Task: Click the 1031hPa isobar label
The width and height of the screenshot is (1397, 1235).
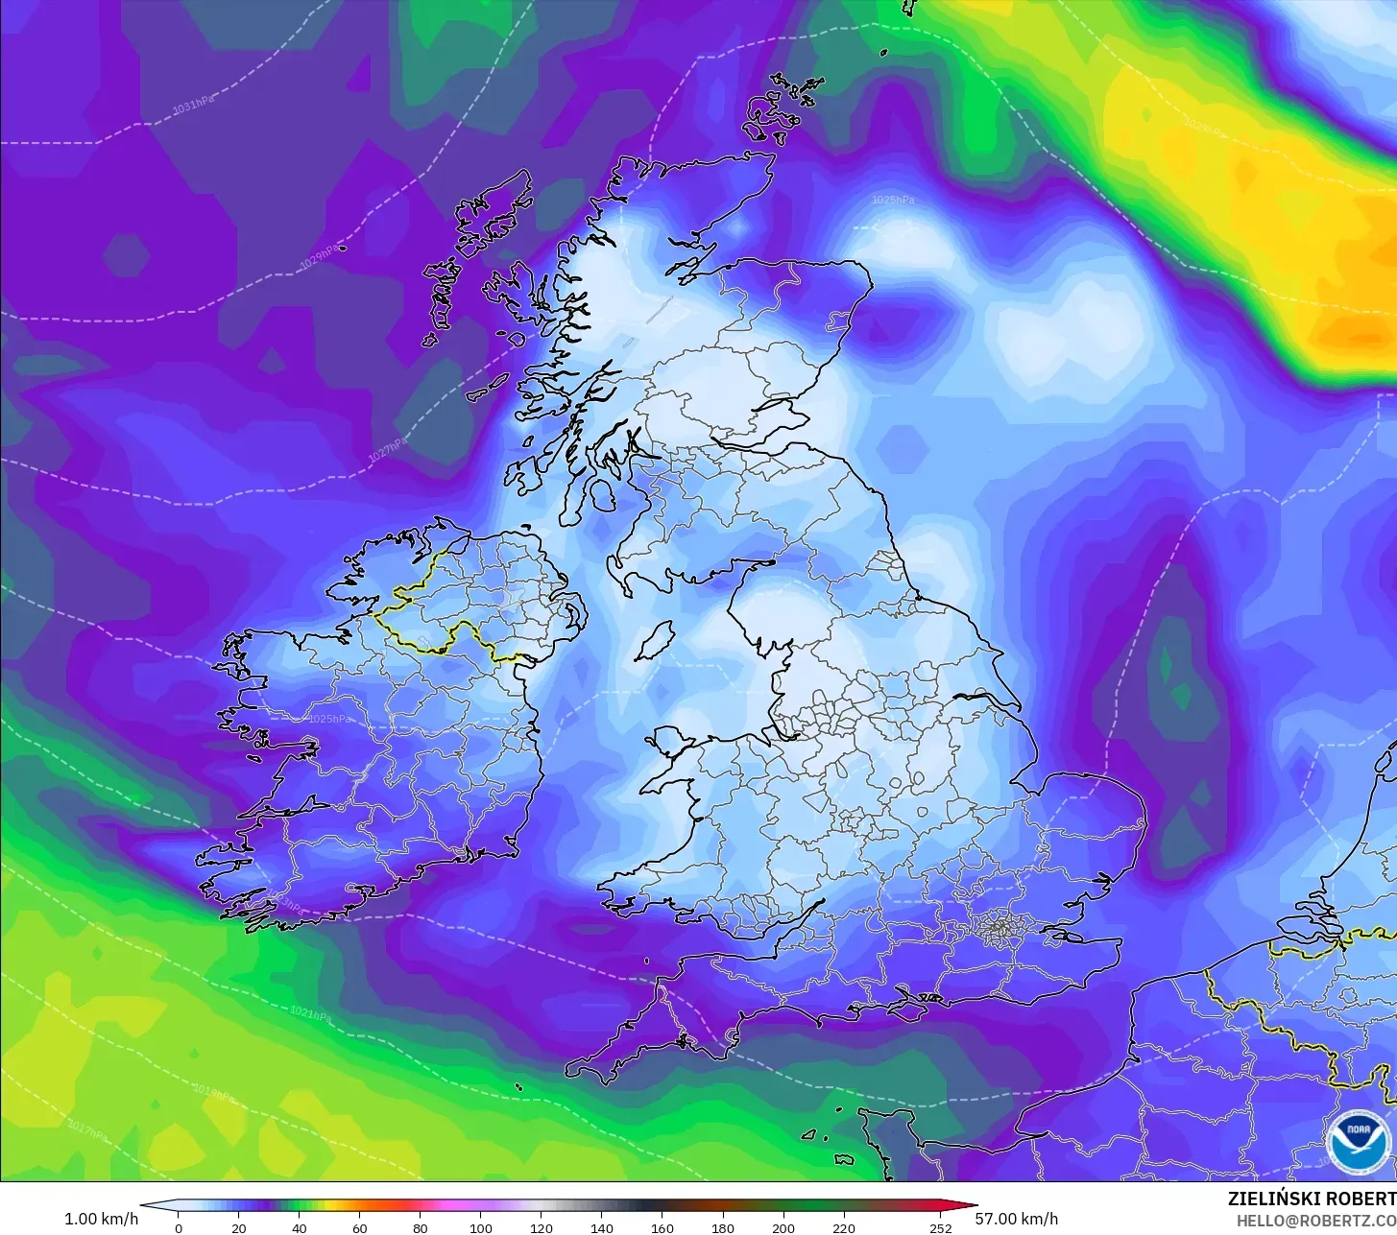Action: click(193, 105)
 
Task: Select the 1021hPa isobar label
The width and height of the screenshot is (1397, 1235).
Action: click(310, 1012)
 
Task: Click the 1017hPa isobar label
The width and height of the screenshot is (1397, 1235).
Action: click(88, 1131)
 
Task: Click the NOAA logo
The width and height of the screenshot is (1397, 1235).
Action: click(1358, 1142)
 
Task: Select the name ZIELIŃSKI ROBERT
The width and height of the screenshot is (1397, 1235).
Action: click(1312, 1199)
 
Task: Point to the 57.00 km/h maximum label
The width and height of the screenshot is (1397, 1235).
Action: click(1017, 1219)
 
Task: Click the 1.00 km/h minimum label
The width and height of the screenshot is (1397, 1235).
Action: click(101, 1219)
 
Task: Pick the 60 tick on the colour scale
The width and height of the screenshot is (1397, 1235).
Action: click(359, 1227)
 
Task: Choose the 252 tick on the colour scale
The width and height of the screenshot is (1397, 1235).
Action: click(940, 1227)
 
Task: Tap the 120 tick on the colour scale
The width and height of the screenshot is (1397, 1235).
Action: click(542, 1227)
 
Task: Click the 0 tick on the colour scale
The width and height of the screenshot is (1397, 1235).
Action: click(178, 1227)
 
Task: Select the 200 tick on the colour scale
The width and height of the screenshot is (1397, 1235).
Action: click(783, 1227)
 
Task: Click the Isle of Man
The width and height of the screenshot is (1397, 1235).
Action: click(655, 640)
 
